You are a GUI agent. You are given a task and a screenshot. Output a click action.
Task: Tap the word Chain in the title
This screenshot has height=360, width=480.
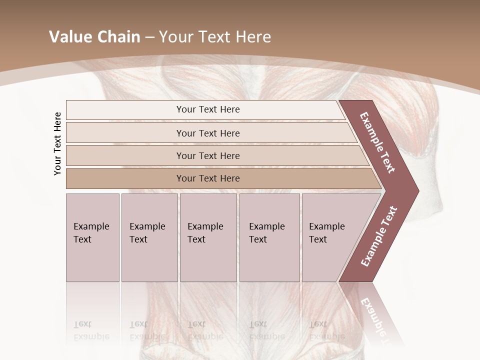(x=117, y=37)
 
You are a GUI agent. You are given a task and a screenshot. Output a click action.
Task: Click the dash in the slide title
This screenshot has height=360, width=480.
(x=149, y=37)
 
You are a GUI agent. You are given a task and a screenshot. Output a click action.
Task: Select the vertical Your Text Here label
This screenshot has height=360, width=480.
(x=57, y=143)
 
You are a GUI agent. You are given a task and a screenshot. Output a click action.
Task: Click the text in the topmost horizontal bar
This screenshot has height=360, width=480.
(x=208, y=109)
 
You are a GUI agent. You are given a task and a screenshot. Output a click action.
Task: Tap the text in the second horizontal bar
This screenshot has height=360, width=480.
(x=208, y=133)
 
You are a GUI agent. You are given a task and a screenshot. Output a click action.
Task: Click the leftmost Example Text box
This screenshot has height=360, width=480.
(x=92, y=237)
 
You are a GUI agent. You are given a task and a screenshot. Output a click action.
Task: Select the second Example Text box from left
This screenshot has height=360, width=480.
(x=149, y=237)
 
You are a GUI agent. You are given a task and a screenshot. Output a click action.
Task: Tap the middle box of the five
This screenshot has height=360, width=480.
(x=208, y=237)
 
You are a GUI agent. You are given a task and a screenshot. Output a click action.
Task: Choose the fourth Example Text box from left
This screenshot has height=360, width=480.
(x=269, y=237)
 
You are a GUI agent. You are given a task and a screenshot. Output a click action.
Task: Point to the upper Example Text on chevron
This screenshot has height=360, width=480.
(x=377, y=142)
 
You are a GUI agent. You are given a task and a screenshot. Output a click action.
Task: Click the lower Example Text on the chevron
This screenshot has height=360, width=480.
(x=378, y=236)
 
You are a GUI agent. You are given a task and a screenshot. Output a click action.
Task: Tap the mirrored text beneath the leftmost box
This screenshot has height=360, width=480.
(x=91, y=330)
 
